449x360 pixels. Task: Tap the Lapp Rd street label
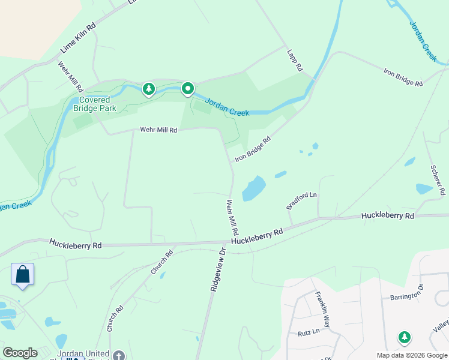tap(294, 61)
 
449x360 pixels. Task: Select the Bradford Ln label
tap(301, 200)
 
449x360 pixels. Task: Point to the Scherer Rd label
tap(438, 180)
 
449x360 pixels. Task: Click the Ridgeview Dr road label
tap(217, 269)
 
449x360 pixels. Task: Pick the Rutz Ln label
tap(308, 331)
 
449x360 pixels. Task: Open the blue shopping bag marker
tap(23, 274)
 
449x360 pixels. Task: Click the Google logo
tap(20, 353)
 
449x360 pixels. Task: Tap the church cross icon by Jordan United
tap(119, 355)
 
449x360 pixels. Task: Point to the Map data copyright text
tap(411, 355)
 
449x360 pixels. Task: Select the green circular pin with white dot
tap(188, 89)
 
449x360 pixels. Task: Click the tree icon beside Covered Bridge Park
tap(148, 89)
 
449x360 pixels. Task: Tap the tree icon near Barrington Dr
tap(405, 338)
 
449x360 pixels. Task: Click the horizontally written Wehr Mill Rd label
tap(158, 130)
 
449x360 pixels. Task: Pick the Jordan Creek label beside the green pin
tap(227, 107)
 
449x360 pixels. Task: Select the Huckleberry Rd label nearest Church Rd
tap(76, 244)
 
